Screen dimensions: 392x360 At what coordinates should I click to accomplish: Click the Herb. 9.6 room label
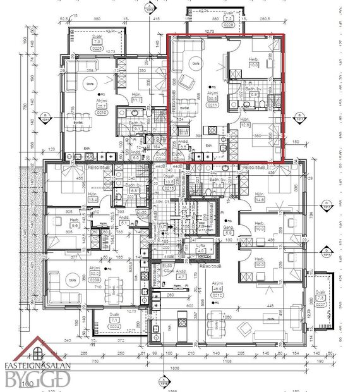pos(57,223)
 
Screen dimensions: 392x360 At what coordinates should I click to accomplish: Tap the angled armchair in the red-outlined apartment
pos(186,82)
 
